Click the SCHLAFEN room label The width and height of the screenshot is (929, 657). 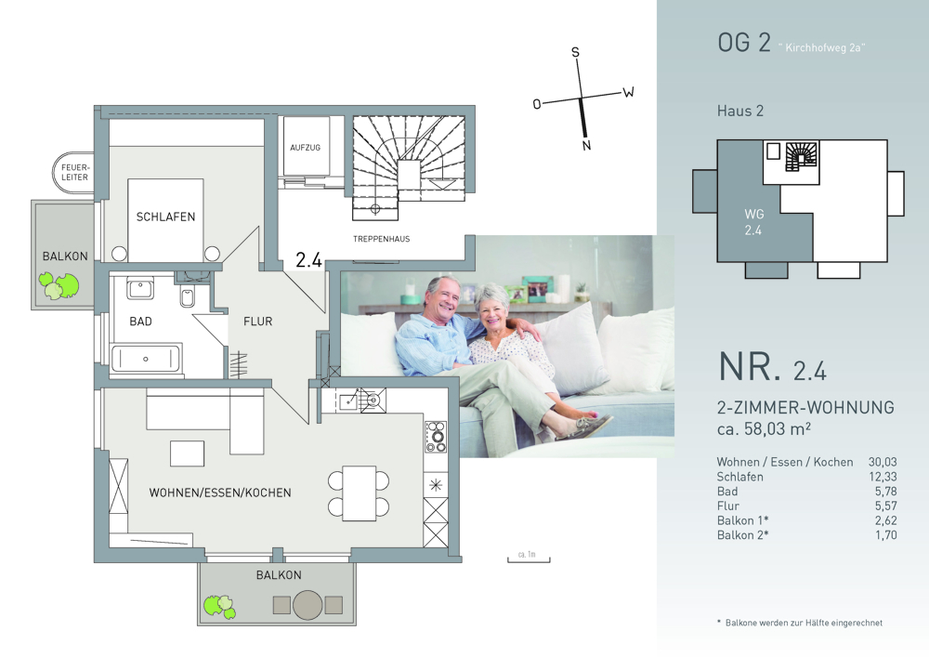point(165,217)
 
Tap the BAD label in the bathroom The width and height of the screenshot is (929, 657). point(140,322)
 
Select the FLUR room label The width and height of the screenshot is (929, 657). point(257,322)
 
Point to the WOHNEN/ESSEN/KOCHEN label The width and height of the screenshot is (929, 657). point(220,493)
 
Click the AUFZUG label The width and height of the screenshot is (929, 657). point(305,148)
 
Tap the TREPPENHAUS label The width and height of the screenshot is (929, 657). point(381,239)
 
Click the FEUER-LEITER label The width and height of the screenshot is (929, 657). point(74,173)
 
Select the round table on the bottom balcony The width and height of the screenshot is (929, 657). point(307,605)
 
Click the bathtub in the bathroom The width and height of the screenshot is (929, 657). point(146,359)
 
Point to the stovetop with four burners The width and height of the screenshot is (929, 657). point(436,437)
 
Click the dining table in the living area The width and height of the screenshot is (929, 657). point(359,493)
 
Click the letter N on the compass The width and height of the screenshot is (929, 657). point(586,145)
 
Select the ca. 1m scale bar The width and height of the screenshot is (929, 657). point(529,558)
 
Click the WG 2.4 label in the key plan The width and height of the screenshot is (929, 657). point(753,221)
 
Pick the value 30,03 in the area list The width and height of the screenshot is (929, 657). point(883,462)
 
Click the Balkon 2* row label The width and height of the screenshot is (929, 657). point(742,535)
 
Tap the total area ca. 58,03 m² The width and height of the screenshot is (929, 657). point(764,428)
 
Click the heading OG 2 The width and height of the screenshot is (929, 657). point(744,44)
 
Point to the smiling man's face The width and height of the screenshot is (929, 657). point(443,296)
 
